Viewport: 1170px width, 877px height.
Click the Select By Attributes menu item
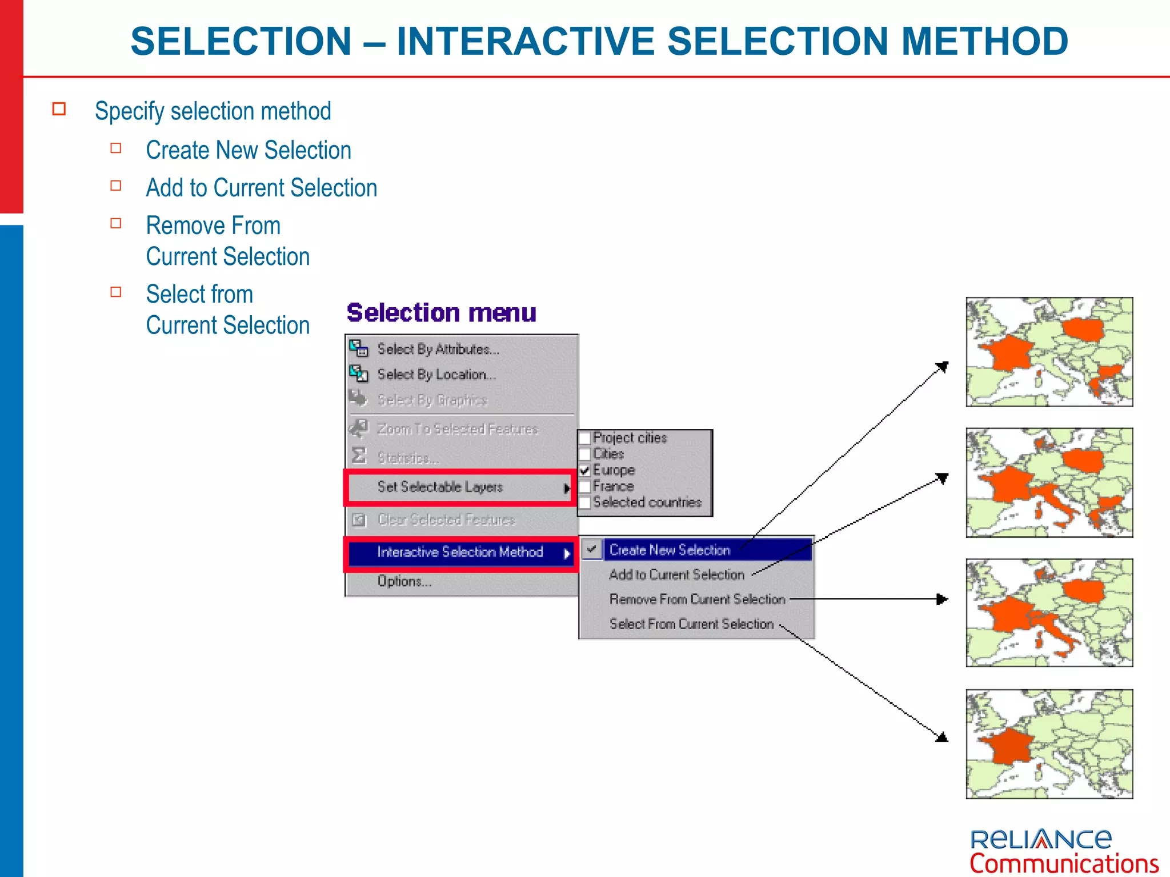pyautogui.click(x=438, y=349)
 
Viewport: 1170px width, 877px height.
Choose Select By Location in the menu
pyautogui.click(x=436, y=375)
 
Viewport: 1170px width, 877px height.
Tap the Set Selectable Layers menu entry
pyautogui.click(x=440, y=487)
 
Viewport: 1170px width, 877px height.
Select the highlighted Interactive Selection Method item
pyautogui.click(x=460, y=552)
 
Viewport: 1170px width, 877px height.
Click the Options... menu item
pyautogui.click(x=404, y=581)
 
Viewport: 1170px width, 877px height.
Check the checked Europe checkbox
pyautogui.click(x=585, y=470)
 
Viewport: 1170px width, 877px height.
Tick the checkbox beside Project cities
pyautogui.click(x=585, y=438)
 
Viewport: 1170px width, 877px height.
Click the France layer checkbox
pyautogui.click(x=585, y=486)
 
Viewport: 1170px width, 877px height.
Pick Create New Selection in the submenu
pyautogui.click(x=670, y=550)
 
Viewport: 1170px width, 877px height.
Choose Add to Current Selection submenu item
pyautogui.click(x=676, y=574)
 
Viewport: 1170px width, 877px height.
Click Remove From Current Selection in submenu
pyautogui.click(x=697, y=599)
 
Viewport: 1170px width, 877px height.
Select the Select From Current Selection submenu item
pyautogui.click(x=691, y=624)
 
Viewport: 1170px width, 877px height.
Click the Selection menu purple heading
pyautogui.click(x=441, y=313)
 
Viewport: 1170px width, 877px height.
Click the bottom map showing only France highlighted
pyautogui.click(x=1049, y=743)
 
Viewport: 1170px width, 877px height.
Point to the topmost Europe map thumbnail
pyautogui.click(x=1049, y=352)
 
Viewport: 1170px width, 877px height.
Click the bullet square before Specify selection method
pyautogui.click(x=59, y=109)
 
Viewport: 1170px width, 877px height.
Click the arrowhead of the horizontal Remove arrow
pyautogui.click(x=942, y=599)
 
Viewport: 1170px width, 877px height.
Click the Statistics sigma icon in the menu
pyautogui.click(x=359, y=456)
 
